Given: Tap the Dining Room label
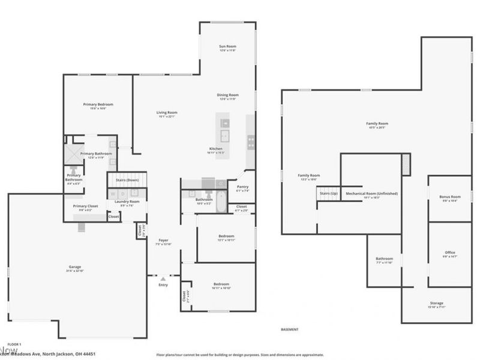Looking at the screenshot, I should tap(228, 95).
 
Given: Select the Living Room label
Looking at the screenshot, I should tap(167, 112).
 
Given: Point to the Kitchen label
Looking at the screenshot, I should tap(216, 148).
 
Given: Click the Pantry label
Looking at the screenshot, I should tap(242, 187).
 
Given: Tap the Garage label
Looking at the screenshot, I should tap(74, 266).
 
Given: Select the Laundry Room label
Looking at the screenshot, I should tap(127, 202).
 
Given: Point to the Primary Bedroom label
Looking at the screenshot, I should tap(98, 104).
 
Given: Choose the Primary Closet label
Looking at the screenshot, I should tap(85, 206).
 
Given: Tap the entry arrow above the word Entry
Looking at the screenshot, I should tap(163, 278).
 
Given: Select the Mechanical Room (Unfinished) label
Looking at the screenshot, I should tap(371, 194).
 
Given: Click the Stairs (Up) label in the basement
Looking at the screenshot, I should tap(328, 194).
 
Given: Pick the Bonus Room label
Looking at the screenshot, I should tap(449, 197).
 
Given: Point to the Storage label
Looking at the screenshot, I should tap(436, 303).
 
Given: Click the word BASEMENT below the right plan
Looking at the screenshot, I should tap(290, 329).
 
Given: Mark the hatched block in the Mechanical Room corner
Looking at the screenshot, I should tap(406, 164).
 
